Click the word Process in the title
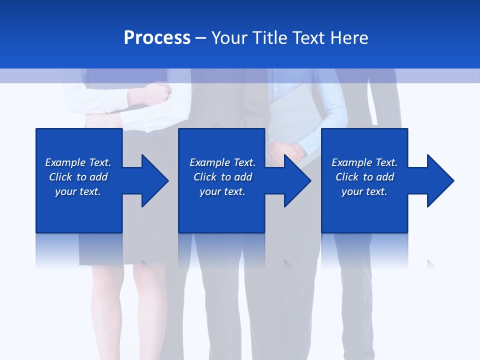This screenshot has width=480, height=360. pos(157,38)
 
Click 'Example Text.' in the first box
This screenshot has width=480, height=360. pos(78,162)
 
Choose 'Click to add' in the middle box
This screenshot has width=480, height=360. pos(222,177)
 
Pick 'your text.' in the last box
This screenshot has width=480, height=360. pos(364,191)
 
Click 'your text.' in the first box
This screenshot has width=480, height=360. pos(78,191)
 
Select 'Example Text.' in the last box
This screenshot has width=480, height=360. pos(364,162)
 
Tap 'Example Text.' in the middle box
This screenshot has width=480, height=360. pos(222,162)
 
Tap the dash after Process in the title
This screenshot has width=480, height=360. pos(201,38)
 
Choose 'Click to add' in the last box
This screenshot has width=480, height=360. pos(364,177)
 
